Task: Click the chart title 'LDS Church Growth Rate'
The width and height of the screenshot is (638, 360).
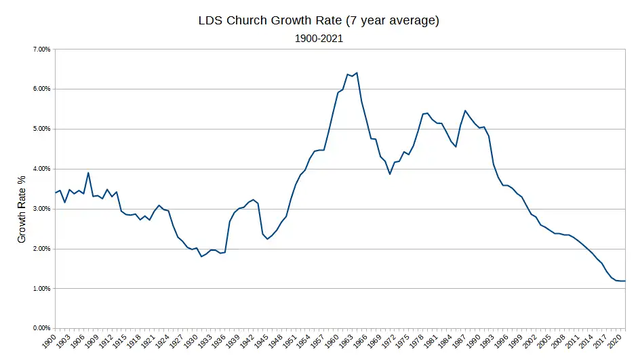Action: tap(319, 20)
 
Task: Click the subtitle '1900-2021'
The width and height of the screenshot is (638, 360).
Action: tap(319, 39)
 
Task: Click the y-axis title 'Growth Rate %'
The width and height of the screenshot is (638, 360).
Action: tap(22, 209)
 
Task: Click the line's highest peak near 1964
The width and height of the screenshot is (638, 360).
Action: tap(357, 73)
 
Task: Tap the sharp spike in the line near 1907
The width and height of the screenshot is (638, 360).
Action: tap(88, 172)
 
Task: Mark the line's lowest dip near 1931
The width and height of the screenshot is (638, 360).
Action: tap(201, 256)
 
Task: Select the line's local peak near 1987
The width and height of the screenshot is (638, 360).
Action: tap(465, 111)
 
